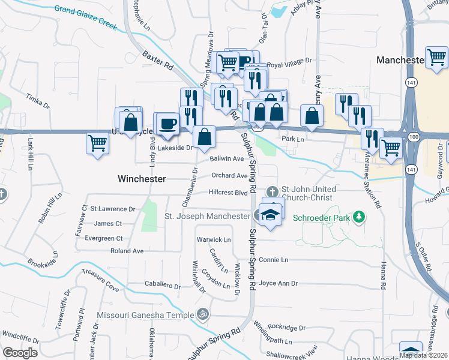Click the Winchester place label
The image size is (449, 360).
[x=141, y=179]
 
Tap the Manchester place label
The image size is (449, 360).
[x=400, y=61]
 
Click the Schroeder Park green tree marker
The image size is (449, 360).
[x=359, y=216]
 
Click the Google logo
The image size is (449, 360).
[x=20, y=353]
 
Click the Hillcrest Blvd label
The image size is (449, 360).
[x=228, y=193]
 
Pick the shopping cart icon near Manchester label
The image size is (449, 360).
[x=436, y=58]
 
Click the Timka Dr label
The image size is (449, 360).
[x=38, y=100]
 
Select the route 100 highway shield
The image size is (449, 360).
[x=414, y=137]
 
